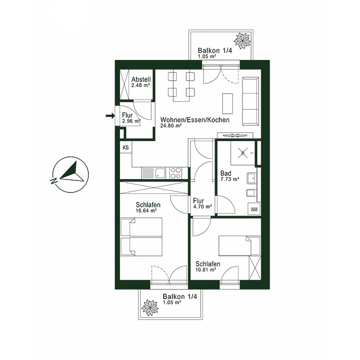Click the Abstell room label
coord(141,79)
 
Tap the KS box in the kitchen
coord(126,147)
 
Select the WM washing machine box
coord(254,209)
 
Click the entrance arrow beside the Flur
coord(110,115)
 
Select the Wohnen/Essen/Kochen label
coord(195,120)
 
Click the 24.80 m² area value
coord(171,126)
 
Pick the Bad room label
coord(226,173)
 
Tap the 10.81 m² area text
coord(205,270)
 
